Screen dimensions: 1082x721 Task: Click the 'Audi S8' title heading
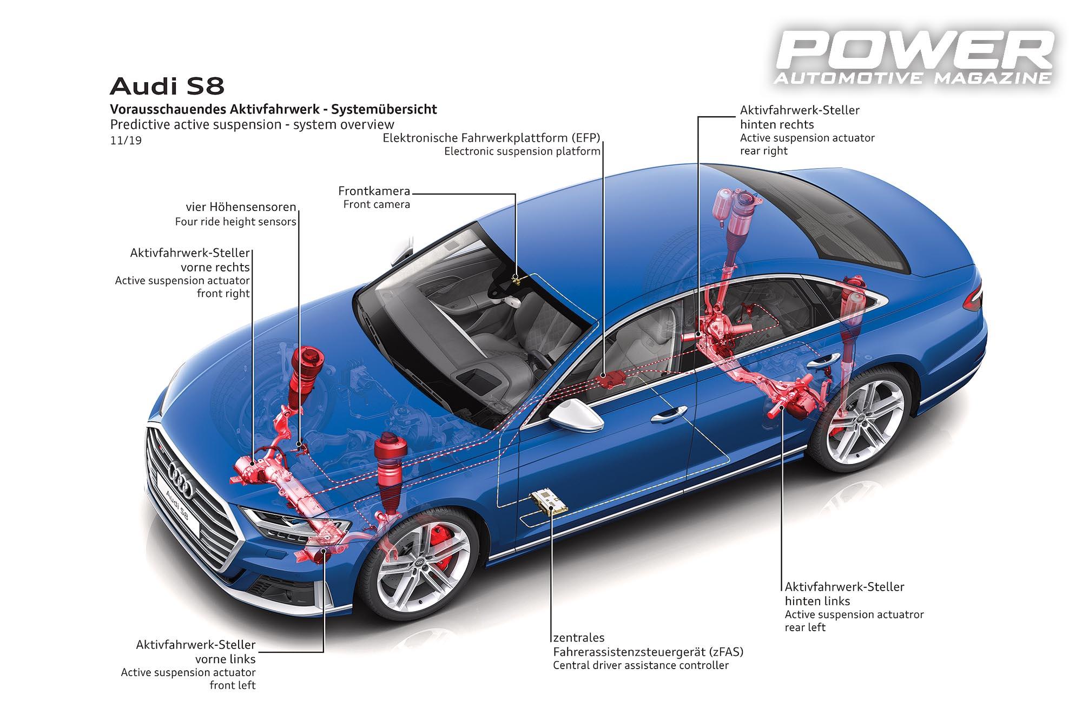click(167, 87)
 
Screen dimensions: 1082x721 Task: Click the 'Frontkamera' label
click(374, 191)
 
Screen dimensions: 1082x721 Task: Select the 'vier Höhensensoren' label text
click(241, 207)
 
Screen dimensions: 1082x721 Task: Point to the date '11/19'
click(126, 141)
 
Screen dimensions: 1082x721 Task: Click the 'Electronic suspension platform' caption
click(522, 151)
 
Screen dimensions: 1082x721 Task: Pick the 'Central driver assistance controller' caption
click(641, 665)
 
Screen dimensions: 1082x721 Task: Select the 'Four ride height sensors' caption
click(235, 222)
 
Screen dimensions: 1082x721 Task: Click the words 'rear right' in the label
click(763, 151)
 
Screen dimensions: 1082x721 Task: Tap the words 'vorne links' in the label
click(225, 659)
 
